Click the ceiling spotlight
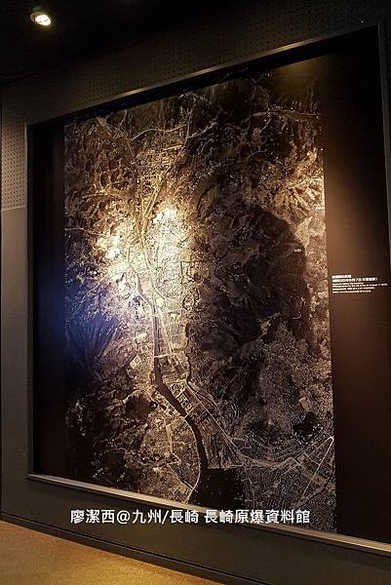pyautogui.click(x=41, y=18)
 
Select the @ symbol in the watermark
pyautogui.click(x=123, y=517)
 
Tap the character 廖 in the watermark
pyautogui.click(x=78, y=517)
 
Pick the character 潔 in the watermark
pyautogui.click(x=94, y=517)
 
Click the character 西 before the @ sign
pyautogui.click(x=108, y=517)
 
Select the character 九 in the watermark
pyautogui.click(x=137, y=517)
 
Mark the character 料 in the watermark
pyautogui.click(x=287, y=517)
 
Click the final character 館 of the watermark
pyautogui.click(x=302, y=517)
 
